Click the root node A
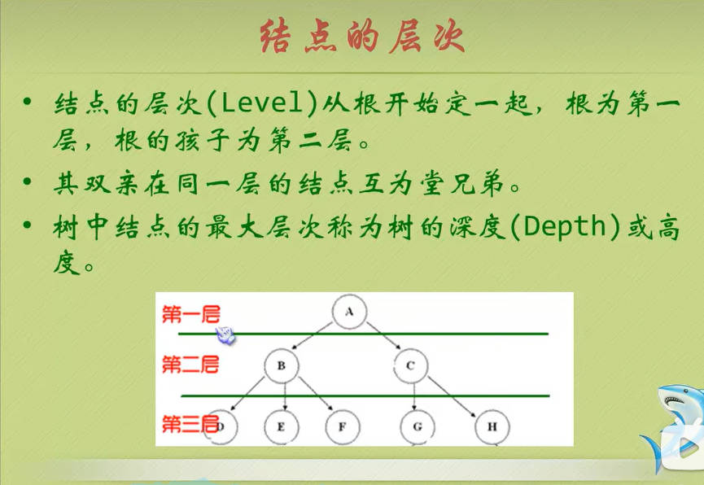pos(349,311)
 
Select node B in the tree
pos(282,365)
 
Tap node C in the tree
pos(410,365)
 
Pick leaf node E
pos(281,426)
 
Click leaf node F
pos(343,426)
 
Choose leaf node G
pos(418,426)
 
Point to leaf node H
pos(492,426)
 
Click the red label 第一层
pos(191,314)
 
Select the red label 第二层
pos(190,365)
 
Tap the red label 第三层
pos(190,424)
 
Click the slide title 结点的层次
pos(362,37)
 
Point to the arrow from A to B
pos(312,335)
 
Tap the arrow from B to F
pos(316,393)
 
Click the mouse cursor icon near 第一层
pos(225,335)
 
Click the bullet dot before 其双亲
pos(28,182)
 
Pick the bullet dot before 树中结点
pos(28,224)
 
